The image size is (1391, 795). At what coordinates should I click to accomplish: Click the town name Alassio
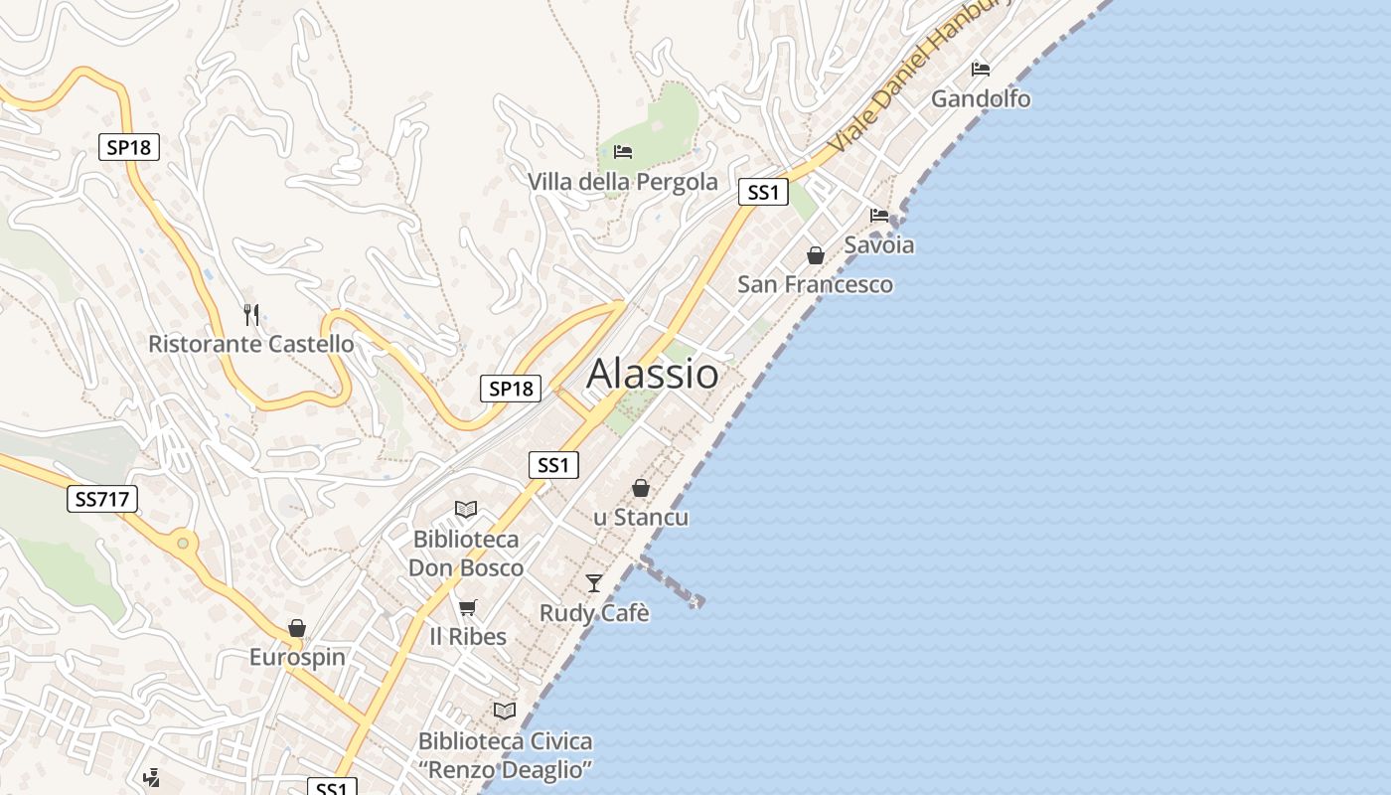point(653,374)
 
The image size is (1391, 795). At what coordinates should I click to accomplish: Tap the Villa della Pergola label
point(623,182)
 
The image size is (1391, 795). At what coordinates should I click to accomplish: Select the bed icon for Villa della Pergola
point(623,152)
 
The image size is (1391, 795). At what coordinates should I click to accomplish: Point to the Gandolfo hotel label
point(981,99)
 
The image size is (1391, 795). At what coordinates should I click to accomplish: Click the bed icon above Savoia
point(879,215)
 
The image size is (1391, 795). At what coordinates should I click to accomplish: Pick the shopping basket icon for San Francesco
point(816,255)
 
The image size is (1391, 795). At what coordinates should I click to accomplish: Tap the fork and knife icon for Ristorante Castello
point(251,315)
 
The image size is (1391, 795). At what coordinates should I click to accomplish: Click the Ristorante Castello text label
point(250,344)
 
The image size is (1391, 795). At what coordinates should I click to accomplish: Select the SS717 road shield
point(103,498)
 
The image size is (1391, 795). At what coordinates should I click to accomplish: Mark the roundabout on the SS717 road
point(182,544)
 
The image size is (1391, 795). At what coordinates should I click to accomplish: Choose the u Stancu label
point(641,518)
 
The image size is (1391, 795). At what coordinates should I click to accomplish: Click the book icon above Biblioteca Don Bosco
point(466,510)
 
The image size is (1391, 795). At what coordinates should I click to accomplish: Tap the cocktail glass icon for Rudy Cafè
point(594,583)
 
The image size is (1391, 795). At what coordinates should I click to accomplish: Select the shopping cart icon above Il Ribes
point(467,607)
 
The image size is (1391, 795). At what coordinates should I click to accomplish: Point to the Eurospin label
point(297,657)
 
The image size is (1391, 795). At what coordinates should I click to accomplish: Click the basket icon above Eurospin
point(296,628)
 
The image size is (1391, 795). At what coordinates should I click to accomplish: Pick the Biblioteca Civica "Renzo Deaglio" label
point(505,755)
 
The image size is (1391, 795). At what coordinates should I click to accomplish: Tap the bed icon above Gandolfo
point(981,70)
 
